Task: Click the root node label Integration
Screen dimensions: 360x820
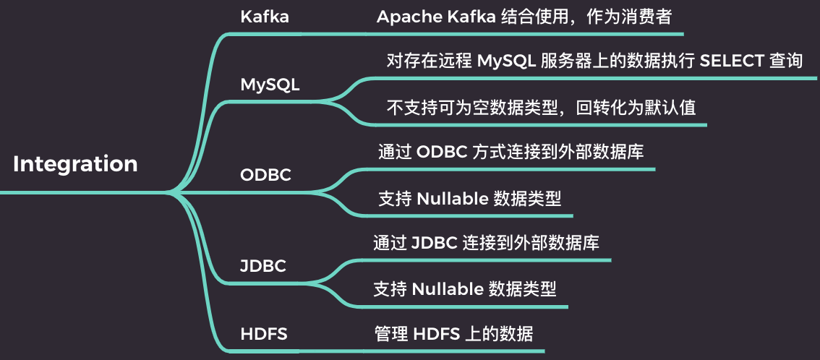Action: pyautogui.click(x=75, y=164)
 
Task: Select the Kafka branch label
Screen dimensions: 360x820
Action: pyautogui.click(x=265, y=17)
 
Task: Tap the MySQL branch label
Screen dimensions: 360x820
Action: pyautogui.click(x=270, y=85)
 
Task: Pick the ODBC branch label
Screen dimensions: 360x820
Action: pyautogui.click(x=265, y=176)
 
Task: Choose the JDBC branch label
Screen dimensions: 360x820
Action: pyautogui.click(x=263, y=266)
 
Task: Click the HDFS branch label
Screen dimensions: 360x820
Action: pyautogui.click(x=264, y=334)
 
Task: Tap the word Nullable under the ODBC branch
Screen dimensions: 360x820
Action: pyautogui.click(x=453, y=199)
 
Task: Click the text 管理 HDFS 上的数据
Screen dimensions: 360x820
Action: pyautogui.click(x=453, y=334)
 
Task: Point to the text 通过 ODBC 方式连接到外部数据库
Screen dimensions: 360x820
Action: pyautogui.click(x=511, y=153)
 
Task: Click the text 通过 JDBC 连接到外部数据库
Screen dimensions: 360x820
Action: pyautogui.click(x=486, y=244)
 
